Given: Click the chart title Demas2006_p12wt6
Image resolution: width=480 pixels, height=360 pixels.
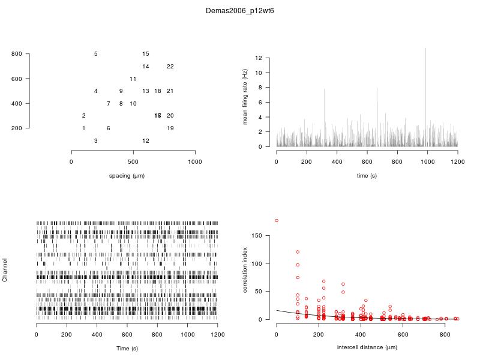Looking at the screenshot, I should click(x=240, y=11).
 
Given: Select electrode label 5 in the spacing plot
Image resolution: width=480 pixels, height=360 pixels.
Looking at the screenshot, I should click(x=96, y=54).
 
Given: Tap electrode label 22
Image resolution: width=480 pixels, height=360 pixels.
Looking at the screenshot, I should click(x=170, y=67).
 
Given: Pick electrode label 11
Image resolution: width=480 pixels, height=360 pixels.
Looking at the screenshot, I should click(x=133, y=79).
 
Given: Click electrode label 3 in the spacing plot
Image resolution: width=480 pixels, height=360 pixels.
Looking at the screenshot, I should click(x=96, y=141).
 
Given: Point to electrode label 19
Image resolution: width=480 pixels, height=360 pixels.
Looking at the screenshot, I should click(x=170, y=128).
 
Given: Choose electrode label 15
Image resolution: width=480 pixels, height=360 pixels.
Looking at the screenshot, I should click(x=146, y=54).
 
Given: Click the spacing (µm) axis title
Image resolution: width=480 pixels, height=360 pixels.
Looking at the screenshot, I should click(x=133, y=175).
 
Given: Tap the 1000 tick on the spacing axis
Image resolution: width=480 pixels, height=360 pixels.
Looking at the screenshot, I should click(x=195, y=162).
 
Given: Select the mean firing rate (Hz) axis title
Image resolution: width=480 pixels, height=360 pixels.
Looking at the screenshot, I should click(x=245, y=97).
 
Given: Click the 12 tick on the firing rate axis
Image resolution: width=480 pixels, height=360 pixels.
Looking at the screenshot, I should click(x=259, y=58).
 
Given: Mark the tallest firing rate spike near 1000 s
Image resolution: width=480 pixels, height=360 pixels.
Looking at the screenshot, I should click(x=425, y=49).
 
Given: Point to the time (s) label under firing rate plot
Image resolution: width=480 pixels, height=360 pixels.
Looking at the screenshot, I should click(x=367, y=175).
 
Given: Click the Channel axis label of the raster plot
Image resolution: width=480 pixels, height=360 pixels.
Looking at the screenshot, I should click(x=5, y=271).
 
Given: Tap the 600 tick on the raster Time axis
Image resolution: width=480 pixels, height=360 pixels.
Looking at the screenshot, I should click(x=127, y=335).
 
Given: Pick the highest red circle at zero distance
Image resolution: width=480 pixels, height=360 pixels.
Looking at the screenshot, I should click(x=277, y=221).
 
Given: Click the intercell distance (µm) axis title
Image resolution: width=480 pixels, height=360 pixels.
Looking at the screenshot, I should click(x=367, y=347).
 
